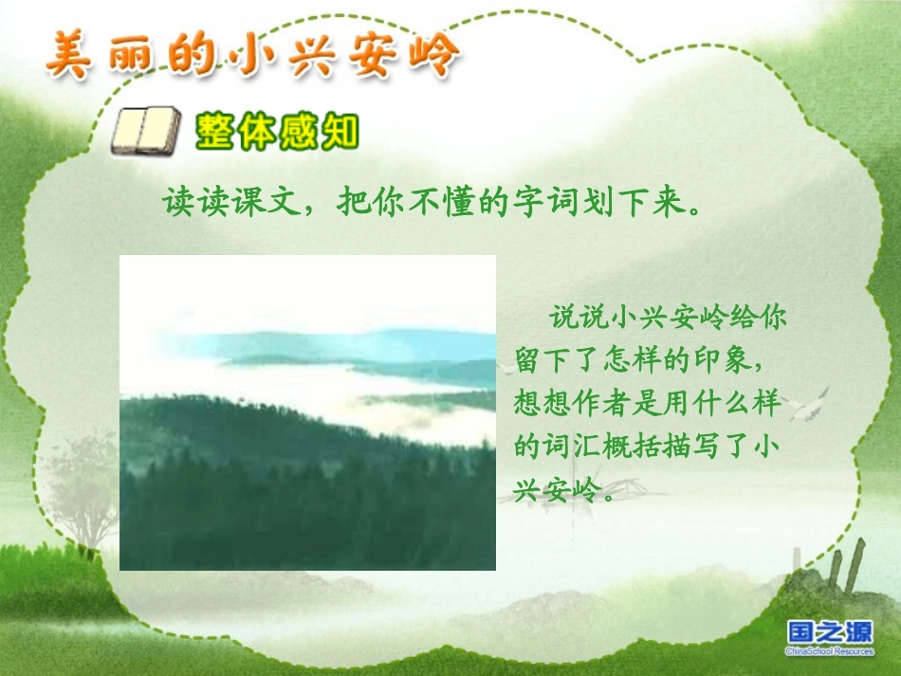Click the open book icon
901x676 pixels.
click(x=145, y=132)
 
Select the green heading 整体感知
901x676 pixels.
click(x=277, y=132)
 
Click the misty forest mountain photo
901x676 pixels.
click(x=307, y=412)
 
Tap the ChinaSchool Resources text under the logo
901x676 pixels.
click(x=829, y=651)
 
